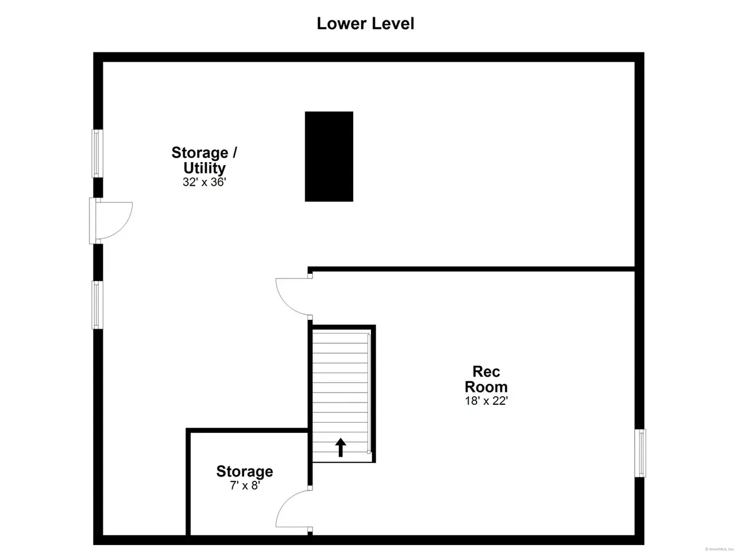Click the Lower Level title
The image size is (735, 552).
tap(365, 24)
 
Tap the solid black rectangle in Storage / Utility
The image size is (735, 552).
tap(329, 156)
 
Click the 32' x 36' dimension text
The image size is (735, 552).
tap(204, 182)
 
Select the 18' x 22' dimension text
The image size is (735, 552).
tap(486, 401)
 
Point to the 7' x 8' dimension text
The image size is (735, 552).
tap(245, 485)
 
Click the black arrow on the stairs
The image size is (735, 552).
tap(341, 447)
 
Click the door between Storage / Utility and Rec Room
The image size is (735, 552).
tap(293, 297)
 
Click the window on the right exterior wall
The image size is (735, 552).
tap(640, 453)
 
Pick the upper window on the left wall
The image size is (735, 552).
tap(97, 153)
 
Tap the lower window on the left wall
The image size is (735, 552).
tap(97, 305)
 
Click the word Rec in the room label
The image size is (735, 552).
tap(486, 371)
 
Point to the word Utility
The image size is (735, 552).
tap(204, 168)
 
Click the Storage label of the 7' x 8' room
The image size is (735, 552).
tap(245, 471)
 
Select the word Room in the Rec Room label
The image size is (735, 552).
tap(486, 387)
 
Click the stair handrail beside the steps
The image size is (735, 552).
tap(369, 393)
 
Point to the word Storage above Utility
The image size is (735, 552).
tap(200, 153)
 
